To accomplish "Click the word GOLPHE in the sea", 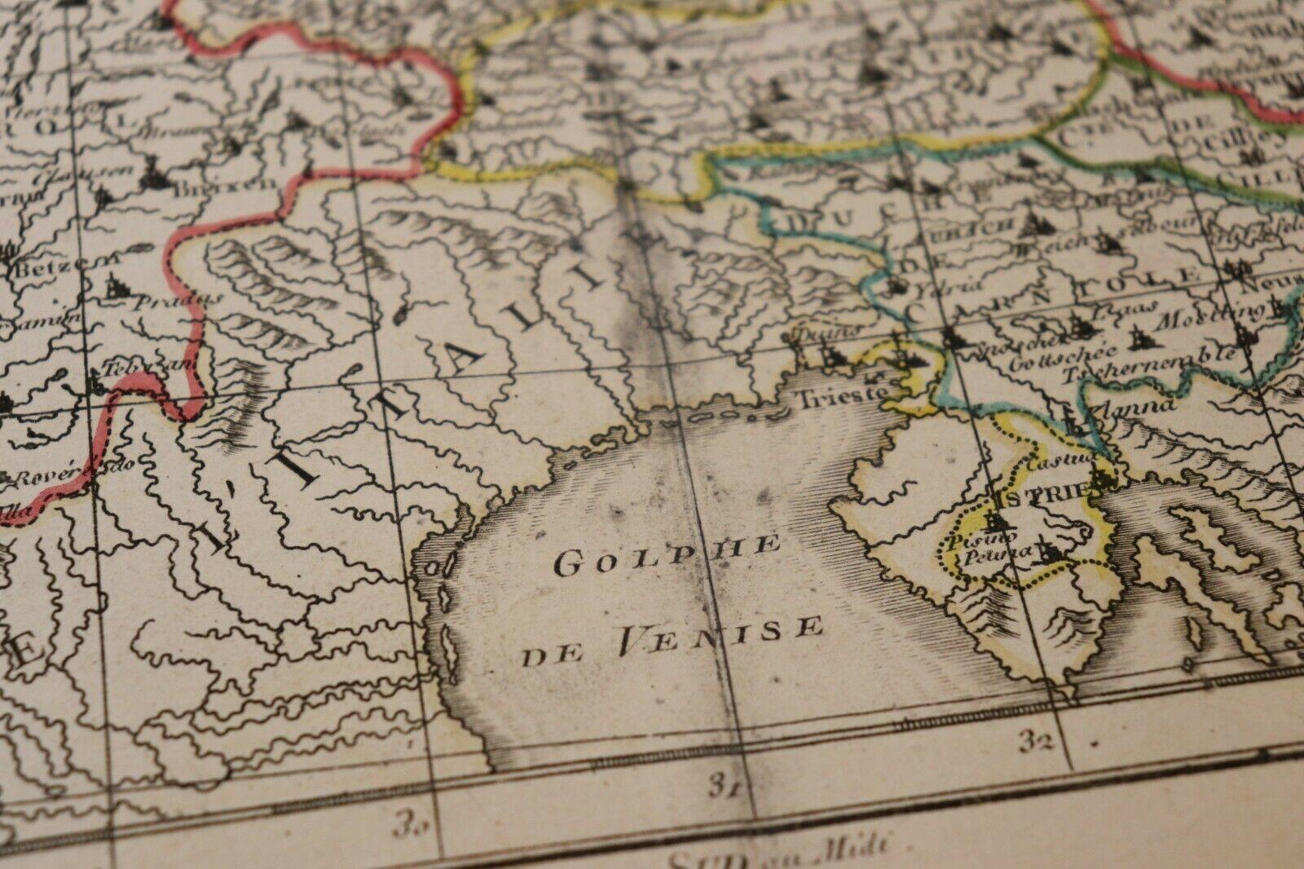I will pos(667,555).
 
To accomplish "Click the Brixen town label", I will pos(227,186).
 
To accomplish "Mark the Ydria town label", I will pos(930,289).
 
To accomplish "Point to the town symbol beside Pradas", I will pos(115,285).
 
